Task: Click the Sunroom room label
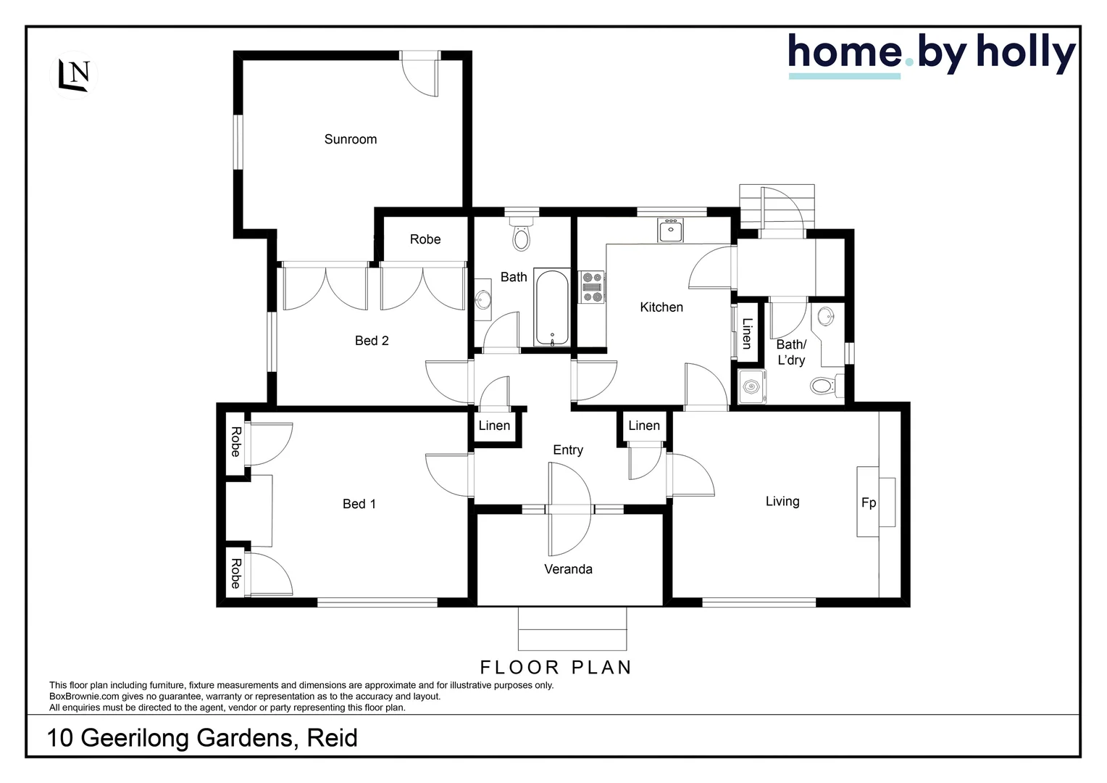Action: (x=351, y=139)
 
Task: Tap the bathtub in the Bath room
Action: (x=553, y=308)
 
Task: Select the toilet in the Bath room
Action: (x=521, y=235)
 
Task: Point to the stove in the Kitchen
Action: (x=593, y=287)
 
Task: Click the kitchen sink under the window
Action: (x=671, y=231)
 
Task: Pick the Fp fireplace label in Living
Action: (x=869, y=502)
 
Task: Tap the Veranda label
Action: (x=568, y=569)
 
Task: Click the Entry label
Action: (x=568, y=449)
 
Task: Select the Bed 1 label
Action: (x=359, y=504)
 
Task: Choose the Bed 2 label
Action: (x=372, y=341)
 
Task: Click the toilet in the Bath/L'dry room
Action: (x=824, y=385)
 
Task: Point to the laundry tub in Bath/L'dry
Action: (x=752, y=386)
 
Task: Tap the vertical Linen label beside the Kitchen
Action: (x=747, y=333)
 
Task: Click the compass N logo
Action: (x=76, y=75)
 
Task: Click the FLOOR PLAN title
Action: (x=556, y=667)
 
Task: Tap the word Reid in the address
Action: (x=332, y=738)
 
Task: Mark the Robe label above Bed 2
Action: (x=425, y=239)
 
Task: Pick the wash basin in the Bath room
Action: (x=483, y=299)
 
